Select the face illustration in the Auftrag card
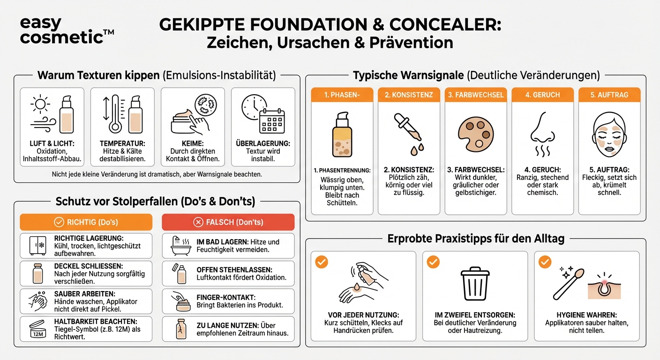pyautogui.click(x=608, y=131)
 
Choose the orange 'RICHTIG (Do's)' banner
pyautogui.click(x=86, y=222)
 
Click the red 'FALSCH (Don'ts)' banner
pyautogui.click(x=228, y=222)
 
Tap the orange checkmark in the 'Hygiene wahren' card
pyautogui.click(x=545, y=262)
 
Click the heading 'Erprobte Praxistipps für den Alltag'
pyautogui.click(x=475, y=239)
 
